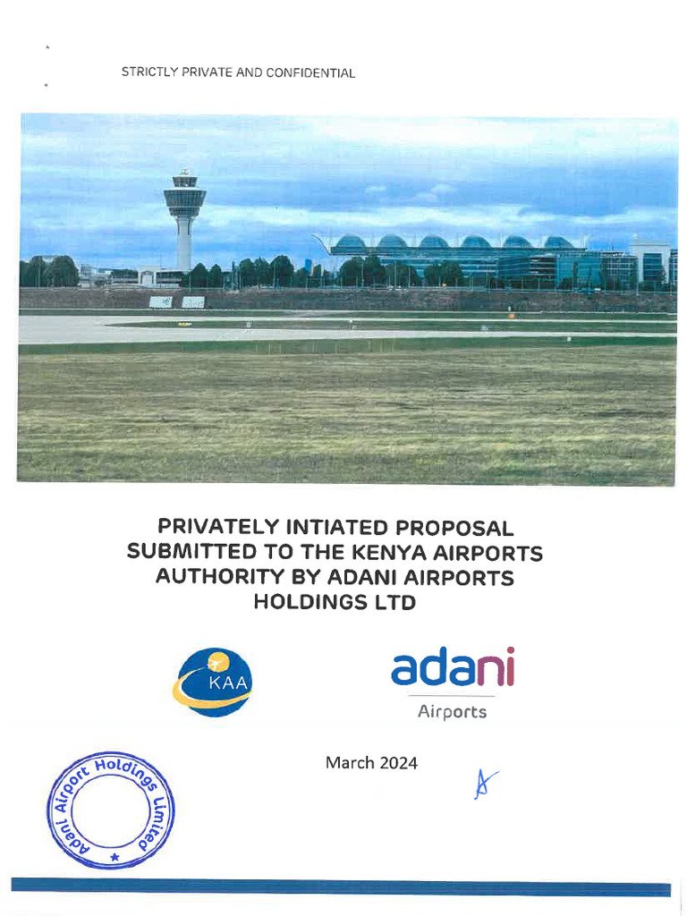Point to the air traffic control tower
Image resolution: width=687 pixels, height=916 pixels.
[x=184, y=215]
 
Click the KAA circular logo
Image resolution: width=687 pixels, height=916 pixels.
[x=214, y=682]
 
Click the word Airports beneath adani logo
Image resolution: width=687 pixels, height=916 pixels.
[x=453, y=712]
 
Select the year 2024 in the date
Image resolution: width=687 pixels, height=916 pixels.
[x=398, y=763]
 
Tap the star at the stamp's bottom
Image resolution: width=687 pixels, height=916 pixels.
[x=114, y=857]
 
